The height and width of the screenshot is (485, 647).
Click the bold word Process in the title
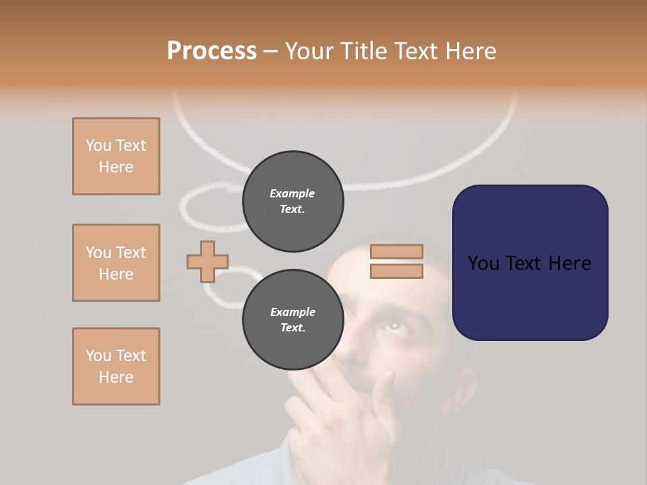tap(212, 51)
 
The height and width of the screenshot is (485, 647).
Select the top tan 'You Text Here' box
tap(116, 156)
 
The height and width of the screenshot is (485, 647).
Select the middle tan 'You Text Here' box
tap(116, 263)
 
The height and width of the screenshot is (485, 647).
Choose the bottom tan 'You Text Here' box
tap(116, 366)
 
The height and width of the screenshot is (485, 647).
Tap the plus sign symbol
tap(208, 261)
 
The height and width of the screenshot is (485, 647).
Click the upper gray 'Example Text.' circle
tap(292, 201)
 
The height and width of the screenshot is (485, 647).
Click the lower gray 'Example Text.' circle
tap(292, 320)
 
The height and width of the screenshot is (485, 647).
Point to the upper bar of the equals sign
tap(396, 251)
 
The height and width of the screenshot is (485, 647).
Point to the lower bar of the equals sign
tap(396, 271)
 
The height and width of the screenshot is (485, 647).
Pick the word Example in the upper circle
tap(292, 193)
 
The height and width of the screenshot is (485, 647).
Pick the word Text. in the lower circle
tap(292, 328)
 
